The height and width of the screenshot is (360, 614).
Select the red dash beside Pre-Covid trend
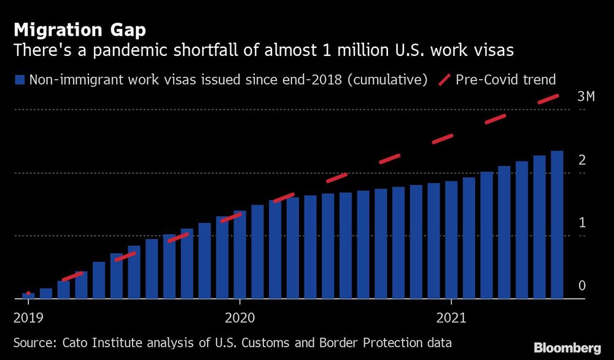[x=444, y=79]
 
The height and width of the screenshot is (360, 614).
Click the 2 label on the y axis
[x=581, y=160]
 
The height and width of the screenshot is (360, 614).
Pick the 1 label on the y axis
[x=581, y=222]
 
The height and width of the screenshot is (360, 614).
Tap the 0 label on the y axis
[x=581, y=286]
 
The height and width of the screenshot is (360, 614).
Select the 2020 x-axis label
[x=239, y=318]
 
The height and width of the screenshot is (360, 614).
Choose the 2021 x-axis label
[x=451, y=318]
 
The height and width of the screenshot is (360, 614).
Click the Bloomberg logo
[x=568, y=347]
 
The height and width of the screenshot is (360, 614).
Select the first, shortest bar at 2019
[x=28, y=295]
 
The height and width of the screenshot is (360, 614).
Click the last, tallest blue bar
[x=557, y=225]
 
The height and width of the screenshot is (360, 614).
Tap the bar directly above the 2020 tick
[x=239, y=255]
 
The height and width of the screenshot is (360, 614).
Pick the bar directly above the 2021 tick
[x=451, y=240]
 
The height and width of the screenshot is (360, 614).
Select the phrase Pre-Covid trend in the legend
[x=506, y=79]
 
